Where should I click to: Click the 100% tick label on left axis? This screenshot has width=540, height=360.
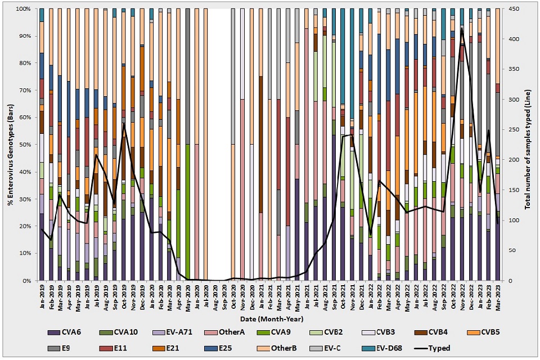pyautogui.click(x=25, y=9)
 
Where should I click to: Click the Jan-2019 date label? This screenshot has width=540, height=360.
pyautogui.click(x=42, y=296)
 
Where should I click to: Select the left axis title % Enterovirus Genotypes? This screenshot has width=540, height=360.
pyautogui.click(x=10, y=145)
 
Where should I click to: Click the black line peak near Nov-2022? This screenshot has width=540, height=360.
pyautogui.click(x=462, y=28)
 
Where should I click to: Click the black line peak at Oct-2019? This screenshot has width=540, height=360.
pyautogui.click(x=124, y=124)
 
